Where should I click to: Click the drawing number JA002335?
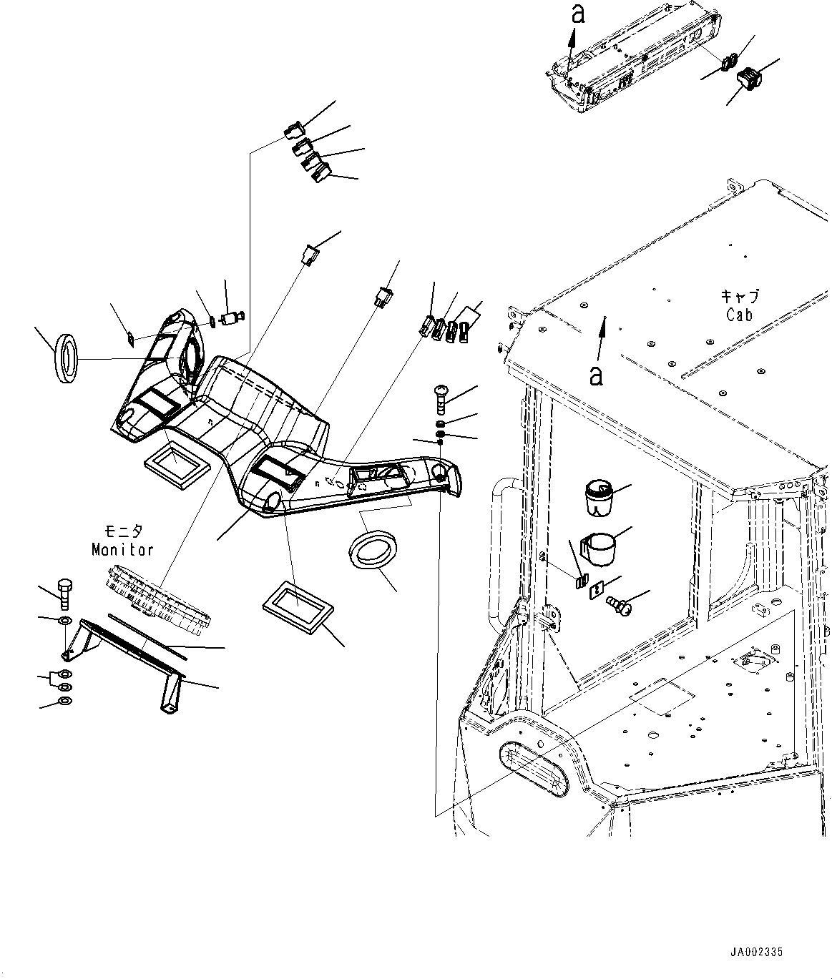tap(757, 952)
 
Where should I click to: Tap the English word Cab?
tap(740, 314)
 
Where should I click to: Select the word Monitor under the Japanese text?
tap(122, 549)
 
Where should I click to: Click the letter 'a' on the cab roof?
tap(595, 374)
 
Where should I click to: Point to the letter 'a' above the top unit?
tap(578, 14)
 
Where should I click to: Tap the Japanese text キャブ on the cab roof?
tap(740, 296)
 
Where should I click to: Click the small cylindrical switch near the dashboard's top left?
tap(232, 318)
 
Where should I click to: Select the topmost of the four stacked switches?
tap(293, 131)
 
